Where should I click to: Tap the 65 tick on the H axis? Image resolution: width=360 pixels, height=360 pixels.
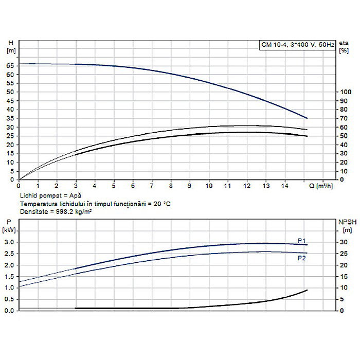(10, 66)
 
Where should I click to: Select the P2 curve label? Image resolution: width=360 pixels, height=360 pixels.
(302, 258)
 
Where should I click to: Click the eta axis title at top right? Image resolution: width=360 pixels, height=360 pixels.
(344, 46)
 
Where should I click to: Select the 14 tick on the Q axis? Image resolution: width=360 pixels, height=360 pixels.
(285, 186)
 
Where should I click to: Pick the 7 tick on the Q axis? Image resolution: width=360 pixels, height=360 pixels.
(152, 186)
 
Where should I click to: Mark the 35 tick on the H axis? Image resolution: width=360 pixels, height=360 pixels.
(10, 118)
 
